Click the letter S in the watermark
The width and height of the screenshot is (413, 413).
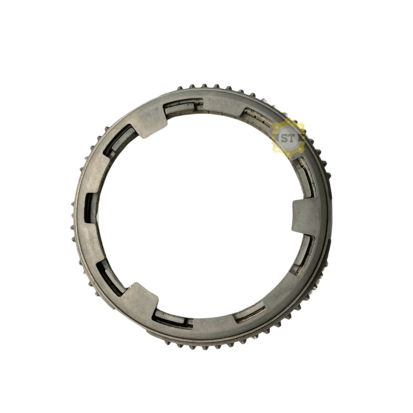tap(285, 138)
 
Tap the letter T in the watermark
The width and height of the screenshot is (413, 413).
tap(292, 138)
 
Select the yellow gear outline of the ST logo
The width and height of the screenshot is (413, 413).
tap(288, 138)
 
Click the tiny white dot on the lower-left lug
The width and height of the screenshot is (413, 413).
tap(145, 292)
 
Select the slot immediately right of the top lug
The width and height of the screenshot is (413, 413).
tap(183, 106)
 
